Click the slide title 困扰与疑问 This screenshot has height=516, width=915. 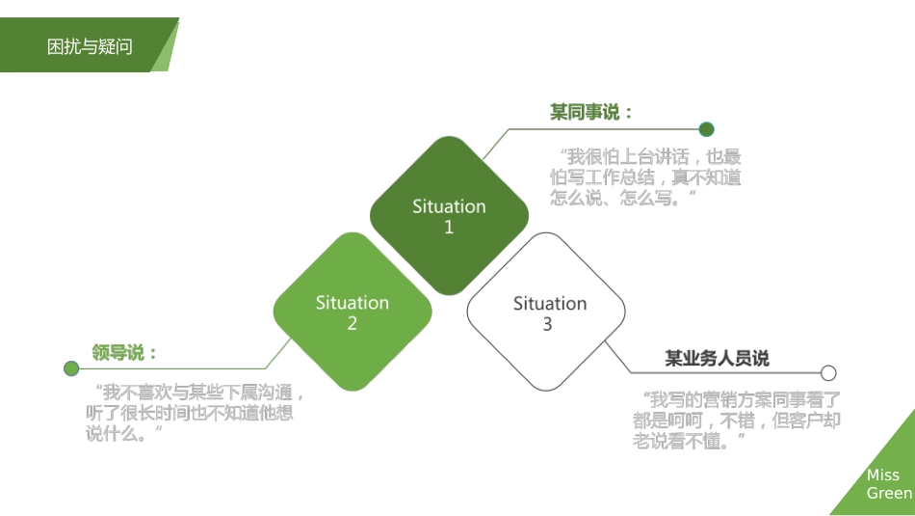pyautogui.click(x=90, y=46)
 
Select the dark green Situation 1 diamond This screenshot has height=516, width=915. pyautogui.click(x=450, y=216)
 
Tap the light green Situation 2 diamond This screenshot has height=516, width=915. pyautogui.click(x=353, y=312)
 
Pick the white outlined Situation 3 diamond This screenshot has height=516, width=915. pyautogui.click(x=546, y=312)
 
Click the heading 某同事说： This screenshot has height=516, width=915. pyautogui.click(x=591, y=112)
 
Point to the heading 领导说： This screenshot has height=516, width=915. pyautogui.click(x=124, y=353)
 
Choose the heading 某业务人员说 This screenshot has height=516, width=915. pyautogui.click(x=718, y=358)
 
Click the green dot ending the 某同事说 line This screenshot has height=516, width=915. pyautogui.click(x=707, y=129)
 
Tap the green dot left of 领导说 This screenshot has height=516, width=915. pyautogui.click(x=71, y=368)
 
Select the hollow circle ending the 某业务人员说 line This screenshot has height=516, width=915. pyautogui.click(x=828, y=373)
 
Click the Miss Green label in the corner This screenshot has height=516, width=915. pyautogui.click(x=889, y=484)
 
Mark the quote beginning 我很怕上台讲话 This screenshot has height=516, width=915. pyautogui.click(x=645, y=177)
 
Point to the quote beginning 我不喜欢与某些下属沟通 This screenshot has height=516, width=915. pyautogui.click(x=195, y=413)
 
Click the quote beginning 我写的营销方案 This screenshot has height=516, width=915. pyautogui.click(x=737, y=421)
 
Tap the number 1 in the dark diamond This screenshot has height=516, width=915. pyautogui.click(x=449, y=228)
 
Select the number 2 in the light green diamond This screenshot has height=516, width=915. pyautogui.click(x=352, y=323)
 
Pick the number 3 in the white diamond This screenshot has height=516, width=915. pyautogui.click(x=547, y=324)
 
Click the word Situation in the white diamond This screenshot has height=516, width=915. pyautogui.click(x=550, y=303)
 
